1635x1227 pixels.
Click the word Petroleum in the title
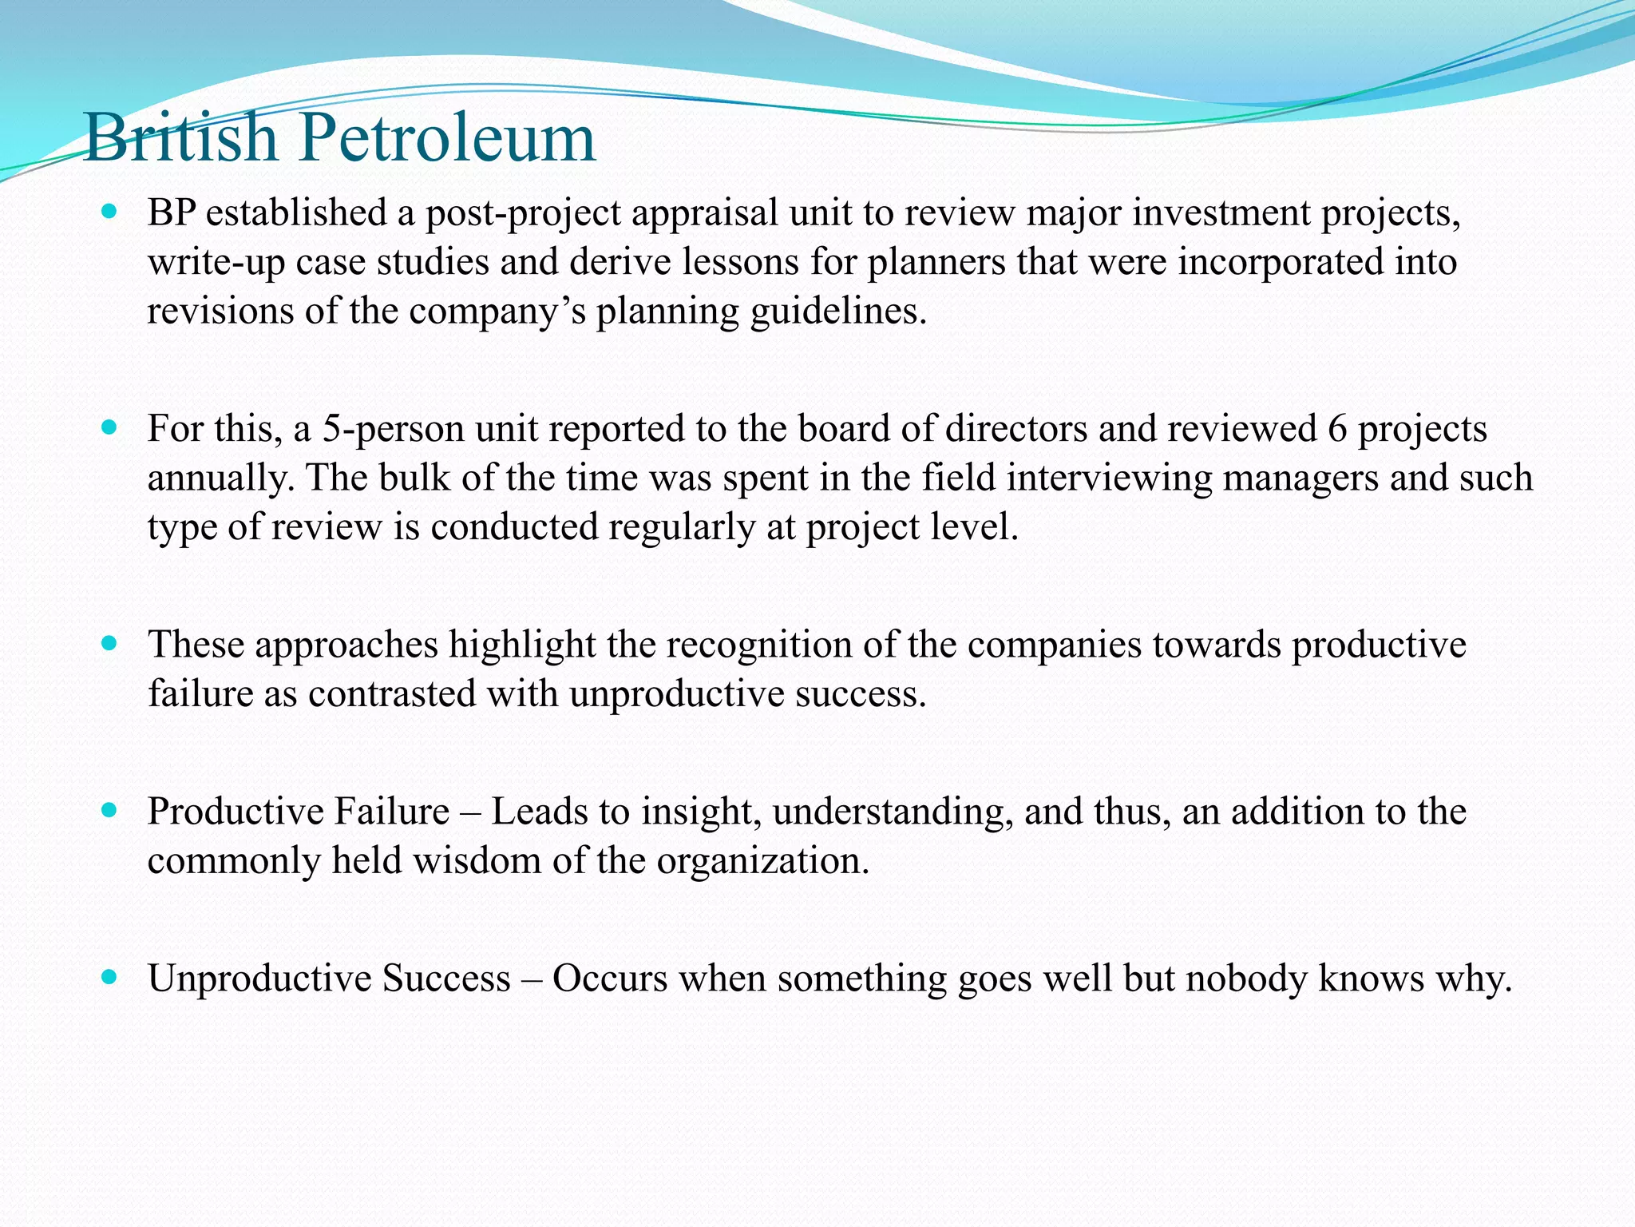[447, 138]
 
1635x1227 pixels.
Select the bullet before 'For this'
[110, 427]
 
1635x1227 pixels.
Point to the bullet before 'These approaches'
[110, 643]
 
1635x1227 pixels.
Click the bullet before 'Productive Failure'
[110, 811]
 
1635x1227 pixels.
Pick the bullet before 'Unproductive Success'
[110, 977]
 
